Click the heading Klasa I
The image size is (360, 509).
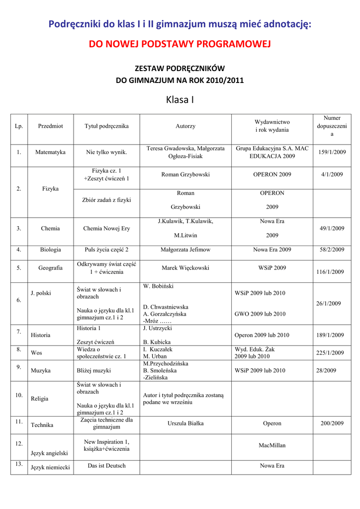pos(180,100)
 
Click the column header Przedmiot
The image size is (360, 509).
pos(50,126)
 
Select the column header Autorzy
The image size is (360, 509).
pos(185,126)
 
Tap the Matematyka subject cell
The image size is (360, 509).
pos(50,152)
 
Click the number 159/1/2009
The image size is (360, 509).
pos(332,152)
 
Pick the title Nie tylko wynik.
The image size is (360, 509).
pos(106,152)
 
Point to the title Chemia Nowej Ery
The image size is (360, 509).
pos(106,229)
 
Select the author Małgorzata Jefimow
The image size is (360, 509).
pos(185,250)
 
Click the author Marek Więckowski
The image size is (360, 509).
pos(185,268)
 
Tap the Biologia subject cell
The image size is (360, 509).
pos(50,250)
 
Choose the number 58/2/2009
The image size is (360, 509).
pos(332,250)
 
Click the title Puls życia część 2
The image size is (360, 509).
pos(106,250)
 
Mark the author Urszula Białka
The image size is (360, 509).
pos(185,424)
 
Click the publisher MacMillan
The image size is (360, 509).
pos(272,445)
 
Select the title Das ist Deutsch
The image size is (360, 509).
pos(106,466)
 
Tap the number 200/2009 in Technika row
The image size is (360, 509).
pos(332,424)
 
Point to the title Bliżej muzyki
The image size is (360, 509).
pos(94,370)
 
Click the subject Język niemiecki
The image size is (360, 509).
pos(50,467)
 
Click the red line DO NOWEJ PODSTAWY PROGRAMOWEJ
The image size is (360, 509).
pos(180,45)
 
